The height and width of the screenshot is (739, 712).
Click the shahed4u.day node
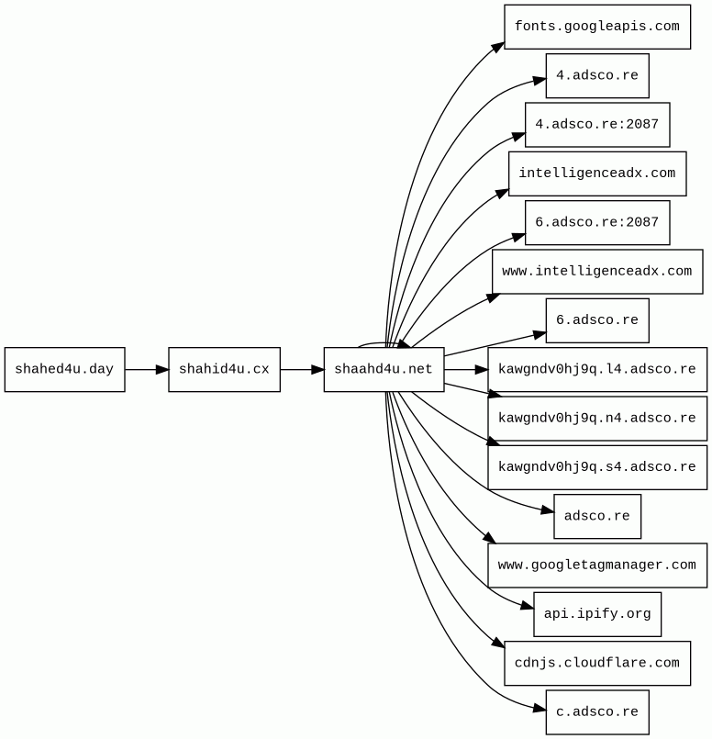click(x=64, y=370)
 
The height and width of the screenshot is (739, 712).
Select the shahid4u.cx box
click(x=224, y=370)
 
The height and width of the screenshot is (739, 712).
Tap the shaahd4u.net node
click(x=384, y=370)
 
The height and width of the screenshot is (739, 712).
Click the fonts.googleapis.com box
click(x=596, y=27)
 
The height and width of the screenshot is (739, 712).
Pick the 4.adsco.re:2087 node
click(x=596, y=125)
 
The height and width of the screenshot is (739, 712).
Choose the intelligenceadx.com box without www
click(x=596, y=174)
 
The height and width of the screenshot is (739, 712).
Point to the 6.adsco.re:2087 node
click(x=596, y=223)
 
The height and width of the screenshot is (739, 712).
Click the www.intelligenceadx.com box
click(x=596, y=272)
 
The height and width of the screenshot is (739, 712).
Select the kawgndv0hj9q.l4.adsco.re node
click(x=596, y=370)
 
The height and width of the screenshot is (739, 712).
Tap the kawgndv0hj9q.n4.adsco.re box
click(x=596, y=419)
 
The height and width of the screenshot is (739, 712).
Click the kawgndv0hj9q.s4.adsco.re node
click(x=596, y=467)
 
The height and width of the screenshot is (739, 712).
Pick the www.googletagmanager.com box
click(x=596, y=565)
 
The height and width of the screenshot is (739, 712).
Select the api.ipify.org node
click(x=596, y=614)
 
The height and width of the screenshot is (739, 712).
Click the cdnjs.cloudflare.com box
click(x=596, y=663)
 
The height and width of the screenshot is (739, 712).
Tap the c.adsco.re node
click(x=596, y=712)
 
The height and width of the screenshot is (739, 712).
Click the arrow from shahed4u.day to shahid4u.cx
click(x=147, y=370)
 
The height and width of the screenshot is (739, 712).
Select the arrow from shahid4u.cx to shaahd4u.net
click(x=302, y=370)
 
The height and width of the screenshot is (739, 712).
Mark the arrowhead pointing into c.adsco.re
click(x=540, y=708)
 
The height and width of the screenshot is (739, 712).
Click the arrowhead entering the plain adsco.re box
click(x=547, y=509)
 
